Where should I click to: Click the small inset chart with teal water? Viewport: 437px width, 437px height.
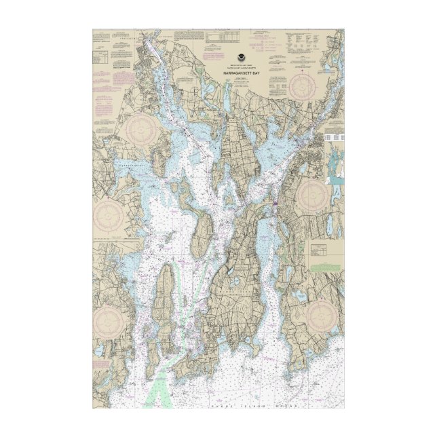pyautogui.click(x=335, y=163)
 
